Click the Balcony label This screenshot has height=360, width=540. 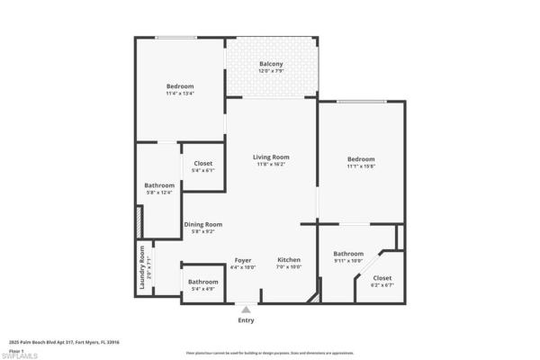point(271,63)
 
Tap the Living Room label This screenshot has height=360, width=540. point(271,157)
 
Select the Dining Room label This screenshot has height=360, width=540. point(202,224)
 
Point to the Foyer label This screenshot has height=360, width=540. point(243,259)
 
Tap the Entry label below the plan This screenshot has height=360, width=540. point(246,320)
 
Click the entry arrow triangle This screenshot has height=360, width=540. point(246,309)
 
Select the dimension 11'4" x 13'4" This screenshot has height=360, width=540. point(180,93)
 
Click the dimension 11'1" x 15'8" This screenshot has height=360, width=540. point(361,166)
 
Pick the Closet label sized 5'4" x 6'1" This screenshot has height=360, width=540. point(203,163)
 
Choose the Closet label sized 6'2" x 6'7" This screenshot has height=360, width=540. point(382,278)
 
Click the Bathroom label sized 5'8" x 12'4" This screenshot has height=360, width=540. point(159,185)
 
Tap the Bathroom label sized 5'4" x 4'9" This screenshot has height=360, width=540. point(203,282)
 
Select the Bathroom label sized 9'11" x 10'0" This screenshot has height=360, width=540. point(348,253)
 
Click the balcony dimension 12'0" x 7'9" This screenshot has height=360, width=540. point(271,71)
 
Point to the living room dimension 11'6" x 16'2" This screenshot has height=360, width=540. point(271,165)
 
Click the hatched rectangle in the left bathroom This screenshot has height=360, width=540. point(139,222)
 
